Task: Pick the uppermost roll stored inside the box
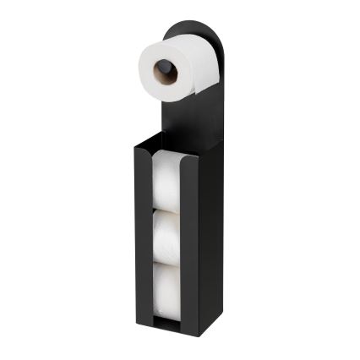pyautogui.click(x=168, y=180)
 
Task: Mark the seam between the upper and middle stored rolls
pyautogui.click(x=168, y=210)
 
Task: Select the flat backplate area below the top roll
pyautogui.click(x=190, y=118)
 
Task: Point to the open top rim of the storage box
pyautogui.click(x=169, y=145)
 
